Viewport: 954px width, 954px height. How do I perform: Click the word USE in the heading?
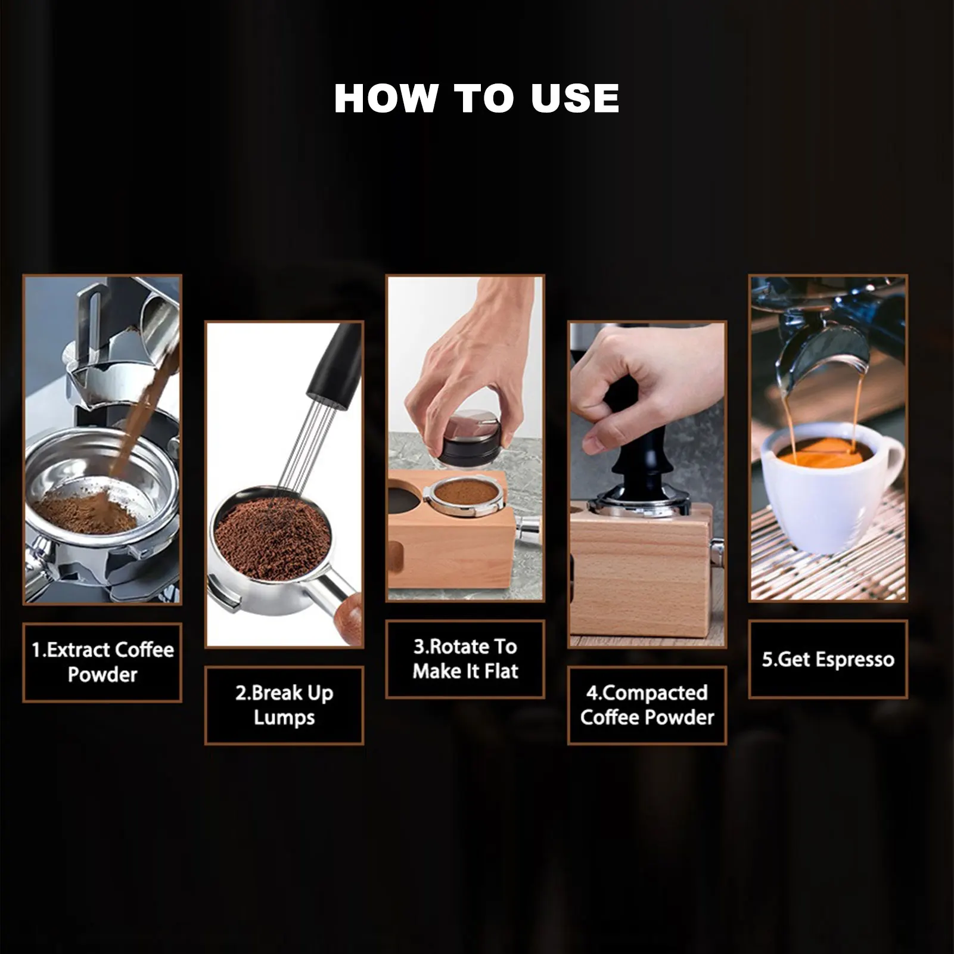(x=575, y=98)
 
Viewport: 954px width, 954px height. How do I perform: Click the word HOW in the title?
(x=386, y=98)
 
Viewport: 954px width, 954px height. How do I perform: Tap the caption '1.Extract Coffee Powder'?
(x=102, y=662)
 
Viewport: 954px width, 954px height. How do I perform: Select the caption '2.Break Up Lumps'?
(x=284, y=705)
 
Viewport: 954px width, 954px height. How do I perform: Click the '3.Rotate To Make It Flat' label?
(x=465, y=659)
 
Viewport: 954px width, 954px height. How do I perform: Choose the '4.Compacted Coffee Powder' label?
(x=647, y=705)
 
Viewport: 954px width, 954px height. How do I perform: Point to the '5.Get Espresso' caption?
(x=828, y=660)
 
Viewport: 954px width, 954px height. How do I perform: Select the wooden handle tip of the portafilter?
(x=348, y=617)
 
